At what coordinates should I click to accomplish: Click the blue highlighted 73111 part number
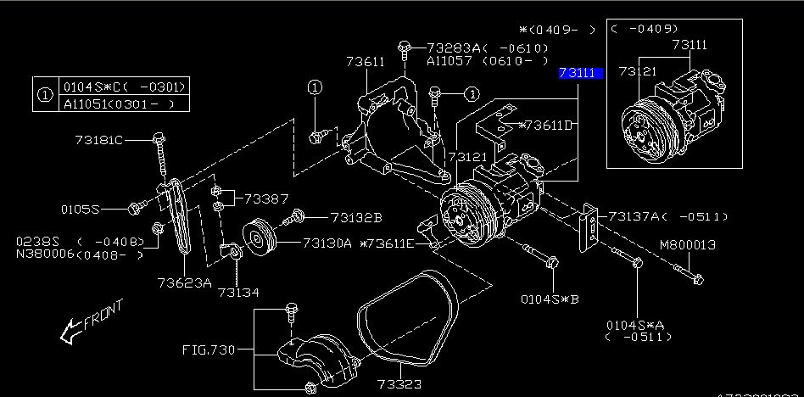pyautogui.click(x=580, y=74)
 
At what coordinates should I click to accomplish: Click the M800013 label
pyautogui.click(x=688, y=245)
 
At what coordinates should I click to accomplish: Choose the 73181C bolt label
pyautogui.click(x=98, y=139)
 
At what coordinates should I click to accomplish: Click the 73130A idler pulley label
pyautogui.click(x=327, y=243)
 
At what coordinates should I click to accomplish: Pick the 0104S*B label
pyautogui.click(x=550, y=298)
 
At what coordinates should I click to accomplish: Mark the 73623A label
pyautogui.click(x=184, y=282)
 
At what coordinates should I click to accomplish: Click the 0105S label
pyautogui.click(x=80, y=208)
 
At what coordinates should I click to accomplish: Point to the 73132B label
pyautogui.click(x=356, y=216)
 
